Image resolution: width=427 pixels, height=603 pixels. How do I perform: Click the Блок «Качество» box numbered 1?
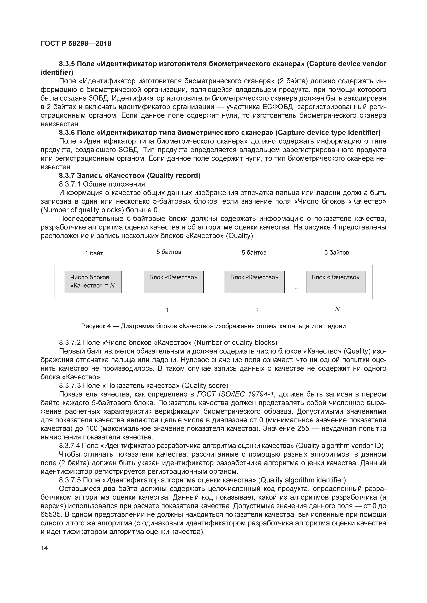pyautogui.click(x=174, y=282)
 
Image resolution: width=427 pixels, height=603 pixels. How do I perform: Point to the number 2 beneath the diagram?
pyautogui.click(x=257, y=310)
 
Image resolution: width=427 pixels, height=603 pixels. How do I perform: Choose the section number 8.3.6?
pyautogui.click(x=67, y=132)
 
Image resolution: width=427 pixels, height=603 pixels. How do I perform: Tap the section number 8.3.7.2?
pyautogui.click(x=70, y=343)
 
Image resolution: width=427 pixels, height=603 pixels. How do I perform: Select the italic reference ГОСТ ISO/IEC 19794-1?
pyautogui.click(x=235, y=394)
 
